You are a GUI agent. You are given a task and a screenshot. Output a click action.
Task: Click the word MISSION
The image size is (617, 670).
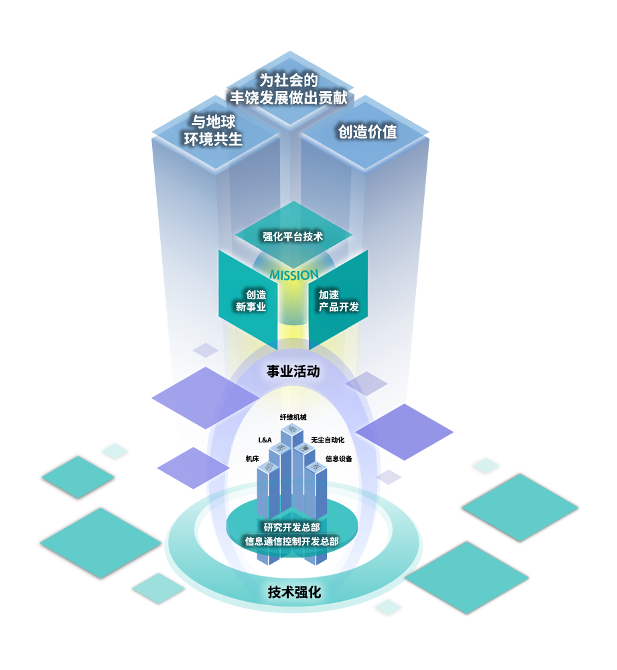pyautogui.click(x=293, y=275)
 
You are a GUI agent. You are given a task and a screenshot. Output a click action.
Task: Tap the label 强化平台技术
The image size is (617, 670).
pyautogui.click(x=293, y=236)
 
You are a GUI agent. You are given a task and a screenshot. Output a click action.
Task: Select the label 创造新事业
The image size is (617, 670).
pyautogui.click(x=251, y=301)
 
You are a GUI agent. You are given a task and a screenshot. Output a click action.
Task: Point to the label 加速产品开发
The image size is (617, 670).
pyautogui.click(x=338, y=301)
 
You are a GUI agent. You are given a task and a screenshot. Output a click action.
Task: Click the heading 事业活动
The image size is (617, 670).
pyautogui.click(x=293, y=371)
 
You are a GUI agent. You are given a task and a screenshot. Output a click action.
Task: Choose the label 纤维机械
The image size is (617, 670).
pyautogui.click(x=293, y=417)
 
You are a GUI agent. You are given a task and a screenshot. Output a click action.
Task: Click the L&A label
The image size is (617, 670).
pyautogui.click(x=265, y=440)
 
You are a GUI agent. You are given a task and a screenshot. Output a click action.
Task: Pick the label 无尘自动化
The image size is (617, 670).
pyautogui.click(x=328, y=440)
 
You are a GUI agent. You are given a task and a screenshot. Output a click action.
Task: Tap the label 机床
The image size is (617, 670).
pyautogui.click(x=253, y=459)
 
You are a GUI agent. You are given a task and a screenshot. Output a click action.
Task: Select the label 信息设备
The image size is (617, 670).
pyautogui.click(x=339, y=459)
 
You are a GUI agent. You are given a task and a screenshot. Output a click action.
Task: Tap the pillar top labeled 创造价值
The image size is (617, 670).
pyautogui.click(x=367, y=132)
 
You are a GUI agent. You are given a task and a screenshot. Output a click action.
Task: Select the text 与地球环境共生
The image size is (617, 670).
pyautogui.click(x=213, y=131)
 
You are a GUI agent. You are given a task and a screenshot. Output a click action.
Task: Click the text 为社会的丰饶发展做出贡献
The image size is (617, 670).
pyautogui.click(x=289, y=89)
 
